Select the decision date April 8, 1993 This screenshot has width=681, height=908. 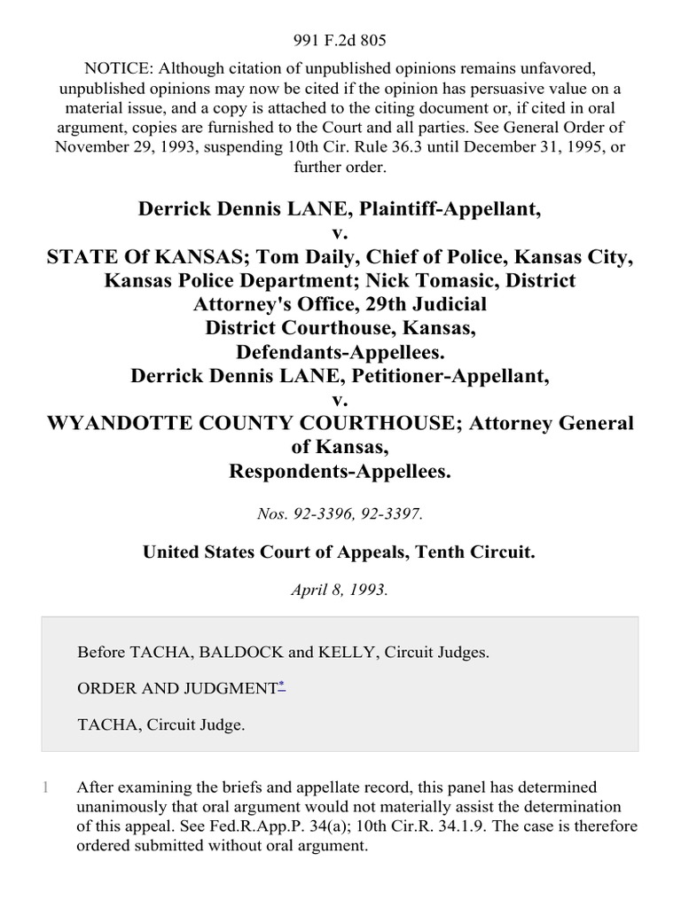click(x=340, y=591)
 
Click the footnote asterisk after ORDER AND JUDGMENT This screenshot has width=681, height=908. click(x=282, y=686)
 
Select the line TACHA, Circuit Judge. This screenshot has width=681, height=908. click(x=160, y=724)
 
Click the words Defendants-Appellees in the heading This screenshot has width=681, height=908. click(x=340, y=352)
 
